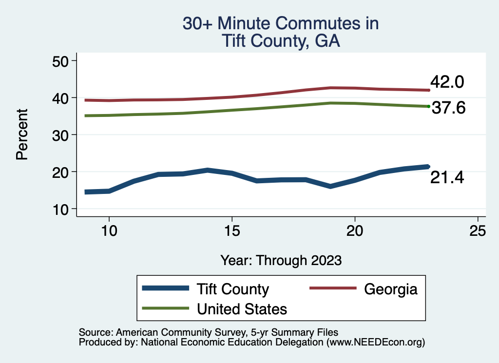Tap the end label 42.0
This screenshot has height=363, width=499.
[x=447, y=82]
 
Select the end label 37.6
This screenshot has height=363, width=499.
[x=449, y=108]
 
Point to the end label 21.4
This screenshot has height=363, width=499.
[x=447, y=178]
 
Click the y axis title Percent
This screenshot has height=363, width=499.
[x=21, y=134]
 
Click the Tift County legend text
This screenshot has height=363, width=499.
[x=232, y=289]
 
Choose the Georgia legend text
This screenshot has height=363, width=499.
[x=390, y=289]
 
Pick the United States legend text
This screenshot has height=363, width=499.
[x=242, y=308]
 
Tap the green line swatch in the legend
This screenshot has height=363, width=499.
[x=165, y=308]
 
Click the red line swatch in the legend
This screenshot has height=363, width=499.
[x=333, y=289]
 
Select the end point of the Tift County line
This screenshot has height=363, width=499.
[x=427, y=167]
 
